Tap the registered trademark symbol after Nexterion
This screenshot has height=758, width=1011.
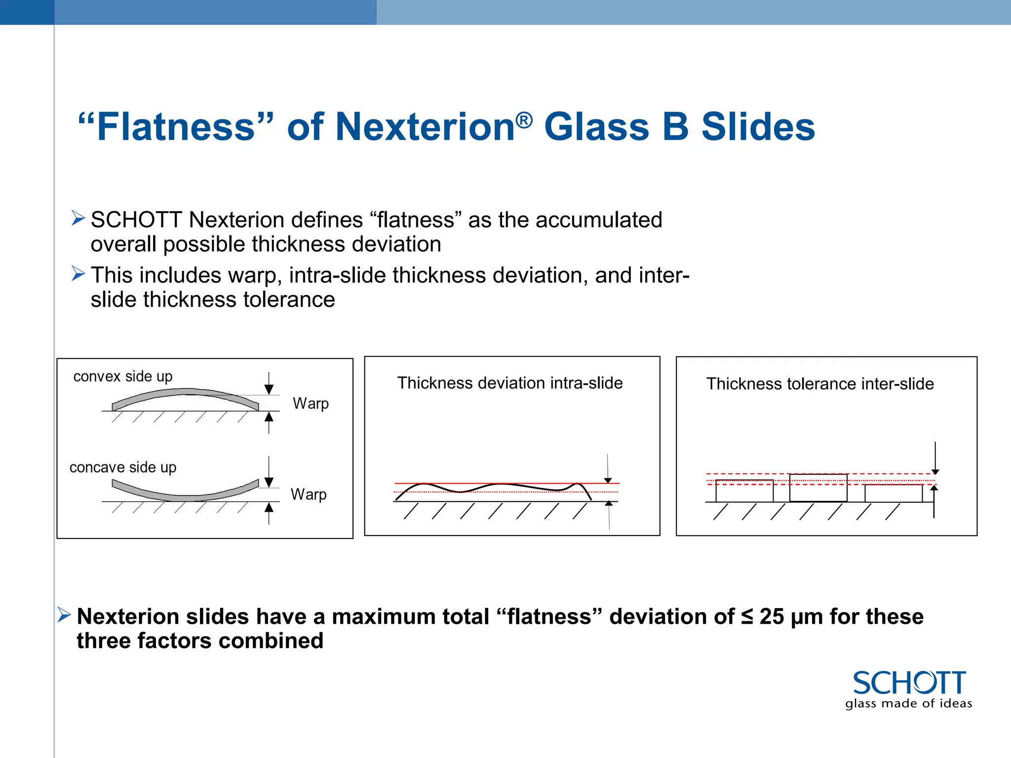[x=524, y=120]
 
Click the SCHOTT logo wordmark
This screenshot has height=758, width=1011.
[x=909, y=683]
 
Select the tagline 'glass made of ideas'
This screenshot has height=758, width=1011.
[x=908, y=703]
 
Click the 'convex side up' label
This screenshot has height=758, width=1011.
[x=123, y=377]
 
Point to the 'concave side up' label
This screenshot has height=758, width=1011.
[x=123, y=467]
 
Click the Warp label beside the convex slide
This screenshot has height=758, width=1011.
[x=311, y=403]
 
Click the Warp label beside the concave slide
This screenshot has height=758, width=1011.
[x=309, y=494]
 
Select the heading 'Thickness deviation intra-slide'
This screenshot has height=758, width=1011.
[x=510, y=383]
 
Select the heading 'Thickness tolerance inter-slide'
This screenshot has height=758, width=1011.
[x=820, y=384]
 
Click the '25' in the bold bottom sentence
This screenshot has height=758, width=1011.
[x=772, y=617]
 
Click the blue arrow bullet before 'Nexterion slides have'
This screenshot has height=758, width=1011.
[x=64, y=614]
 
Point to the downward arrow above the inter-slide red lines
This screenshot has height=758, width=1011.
[x=935, y=459]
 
